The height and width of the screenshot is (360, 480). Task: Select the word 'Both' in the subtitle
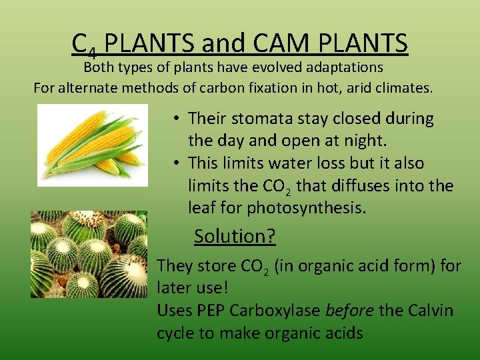click(x=98, y=67)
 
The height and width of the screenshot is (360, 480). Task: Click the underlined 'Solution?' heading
click(x=235, y=236)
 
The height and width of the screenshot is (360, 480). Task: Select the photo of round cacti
click(x=89, y=254)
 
